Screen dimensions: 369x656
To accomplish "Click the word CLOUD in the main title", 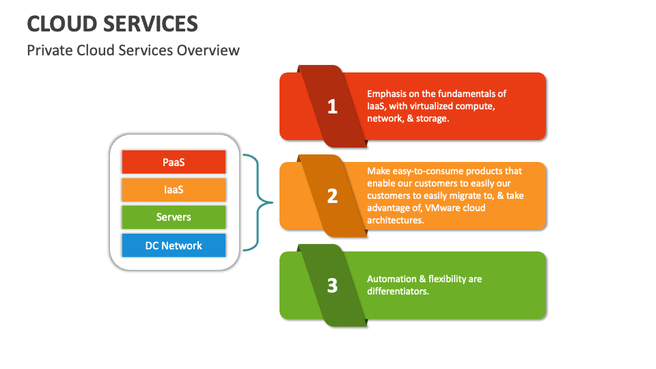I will coord(61,24).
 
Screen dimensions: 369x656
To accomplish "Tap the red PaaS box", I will coord(174,163).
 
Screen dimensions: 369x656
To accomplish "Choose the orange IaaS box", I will coord(174,190).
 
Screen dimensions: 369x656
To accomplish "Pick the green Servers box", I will coord(174,217).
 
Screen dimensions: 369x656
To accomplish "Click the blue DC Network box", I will coord(174,245).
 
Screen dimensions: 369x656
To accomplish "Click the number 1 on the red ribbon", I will coord(333,107).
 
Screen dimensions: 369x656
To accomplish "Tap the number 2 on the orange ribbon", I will coord(333,196).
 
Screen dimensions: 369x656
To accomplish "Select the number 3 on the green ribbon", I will coord(333,285).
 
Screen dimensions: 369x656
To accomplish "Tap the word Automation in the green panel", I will coord(392,279).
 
